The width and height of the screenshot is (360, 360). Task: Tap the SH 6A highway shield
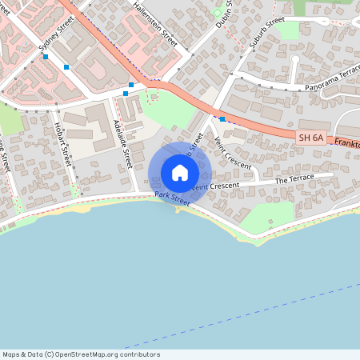tap(311, 138)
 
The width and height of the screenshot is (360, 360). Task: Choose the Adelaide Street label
tap(122, 142)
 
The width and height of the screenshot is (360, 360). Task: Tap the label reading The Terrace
tap(293, 181)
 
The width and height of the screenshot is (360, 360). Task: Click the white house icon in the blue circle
tap(180, 172)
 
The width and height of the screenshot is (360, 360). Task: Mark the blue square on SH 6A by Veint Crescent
tap(222, 119)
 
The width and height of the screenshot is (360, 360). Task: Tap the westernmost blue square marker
tap(46, 57)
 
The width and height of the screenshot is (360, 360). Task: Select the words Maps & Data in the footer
tap(21, 354)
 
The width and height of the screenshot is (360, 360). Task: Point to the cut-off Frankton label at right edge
tap(347, 143)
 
